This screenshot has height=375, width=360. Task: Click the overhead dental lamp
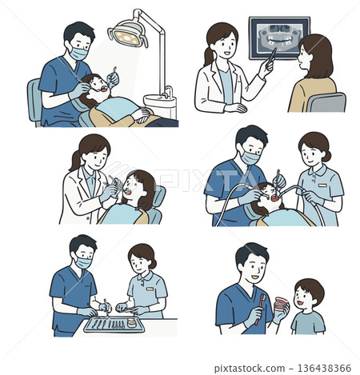point(128,33)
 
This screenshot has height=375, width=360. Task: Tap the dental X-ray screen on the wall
point(278,37)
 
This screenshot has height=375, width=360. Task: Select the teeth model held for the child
point(280,306)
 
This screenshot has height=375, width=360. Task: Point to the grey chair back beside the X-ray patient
point(326,102)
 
